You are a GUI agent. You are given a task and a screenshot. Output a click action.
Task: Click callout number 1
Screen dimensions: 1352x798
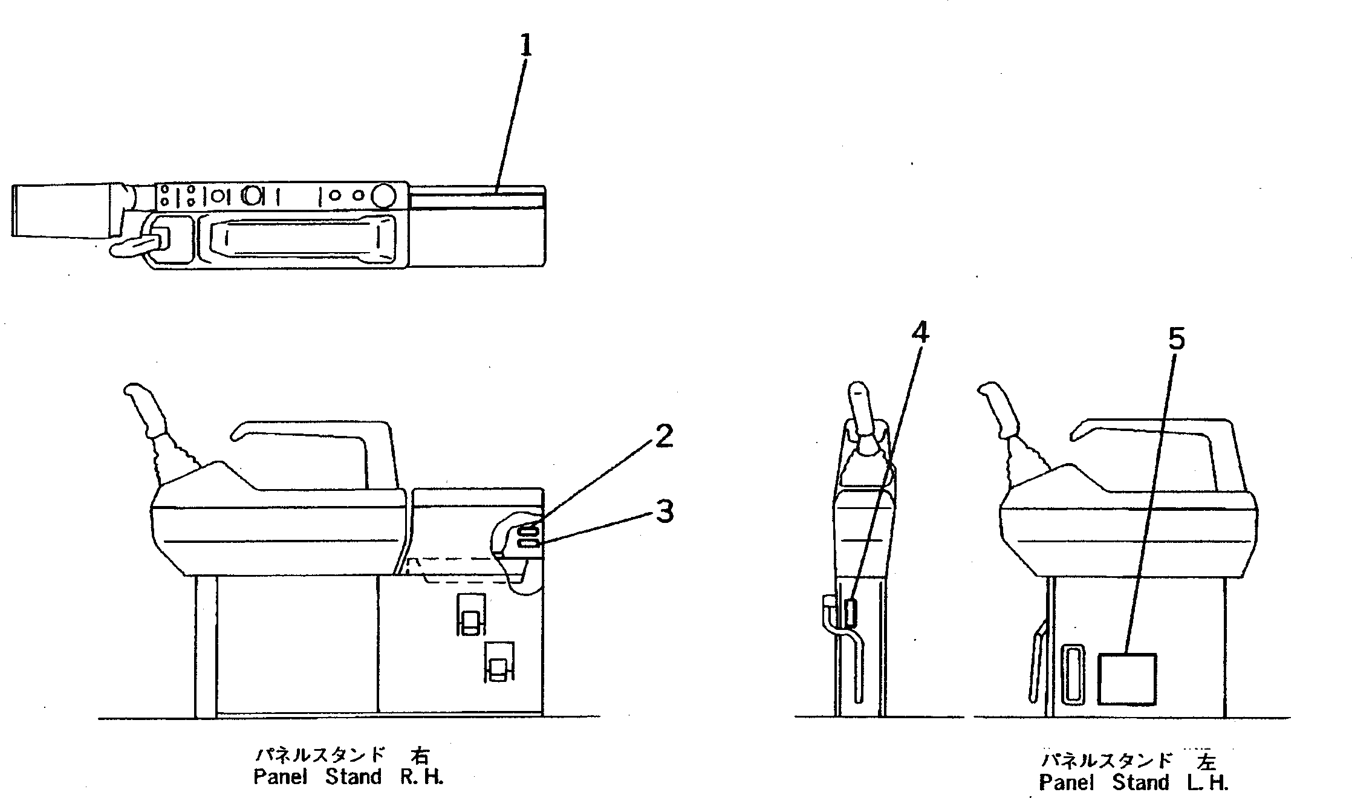coord(526,46)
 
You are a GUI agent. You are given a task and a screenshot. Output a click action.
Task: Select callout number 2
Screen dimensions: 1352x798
coord(664,436)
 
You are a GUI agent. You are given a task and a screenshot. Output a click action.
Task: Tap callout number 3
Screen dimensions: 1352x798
coord(665,513)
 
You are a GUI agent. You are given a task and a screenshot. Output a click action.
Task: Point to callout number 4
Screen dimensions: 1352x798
coord(920,332)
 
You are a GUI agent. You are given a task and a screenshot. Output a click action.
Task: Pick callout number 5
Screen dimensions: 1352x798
coord(1176,340)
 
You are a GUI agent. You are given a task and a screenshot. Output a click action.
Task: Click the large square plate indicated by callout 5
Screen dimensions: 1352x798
coord(1126,679)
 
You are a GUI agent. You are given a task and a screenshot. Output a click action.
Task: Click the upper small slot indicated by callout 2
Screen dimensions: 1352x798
coord(528,530)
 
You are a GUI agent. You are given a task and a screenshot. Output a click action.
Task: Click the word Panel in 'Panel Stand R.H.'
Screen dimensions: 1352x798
coord(281,777)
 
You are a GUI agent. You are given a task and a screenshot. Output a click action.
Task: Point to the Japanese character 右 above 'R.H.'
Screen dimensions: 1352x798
coord(420,756)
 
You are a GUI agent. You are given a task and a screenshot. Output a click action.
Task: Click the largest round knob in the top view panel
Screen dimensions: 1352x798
coord(383,195)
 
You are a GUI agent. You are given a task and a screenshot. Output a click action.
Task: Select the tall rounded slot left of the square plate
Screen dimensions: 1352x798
coord(1073,674)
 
